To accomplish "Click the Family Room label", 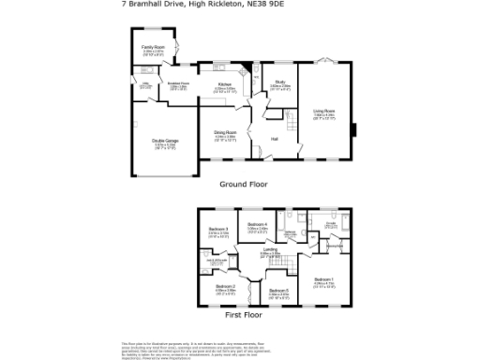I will click(153, 46).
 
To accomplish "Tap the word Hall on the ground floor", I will click(275, 139).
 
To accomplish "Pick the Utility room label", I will click(145, 85).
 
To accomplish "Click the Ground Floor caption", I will click(244, 185).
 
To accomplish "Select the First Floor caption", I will click(243, 316).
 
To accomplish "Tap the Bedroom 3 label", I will click(218, 230).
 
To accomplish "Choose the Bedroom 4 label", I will click(258, 225).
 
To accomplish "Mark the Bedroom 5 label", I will click(278, 291).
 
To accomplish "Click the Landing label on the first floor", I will click(269, 249).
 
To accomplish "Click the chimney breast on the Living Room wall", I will click(355, 129).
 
